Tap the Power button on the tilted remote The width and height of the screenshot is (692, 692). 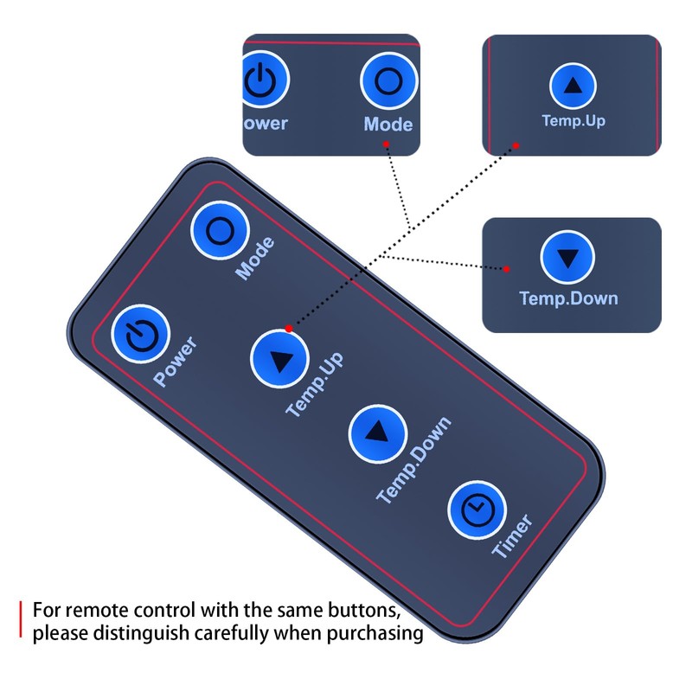139,333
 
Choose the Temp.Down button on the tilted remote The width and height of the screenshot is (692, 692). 378,432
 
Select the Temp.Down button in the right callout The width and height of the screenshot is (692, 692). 567,258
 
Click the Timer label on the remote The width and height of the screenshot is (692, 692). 512,536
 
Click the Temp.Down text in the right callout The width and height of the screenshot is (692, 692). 568,299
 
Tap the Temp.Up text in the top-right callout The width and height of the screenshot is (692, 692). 573,120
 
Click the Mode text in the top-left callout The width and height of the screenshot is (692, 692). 388,124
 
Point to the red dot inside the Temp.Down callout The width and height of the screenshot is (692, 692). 506,268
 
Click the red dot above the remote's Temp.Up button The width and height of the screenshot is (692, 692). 288,328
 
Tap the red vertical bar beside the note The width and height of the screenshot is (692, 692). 21,621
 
